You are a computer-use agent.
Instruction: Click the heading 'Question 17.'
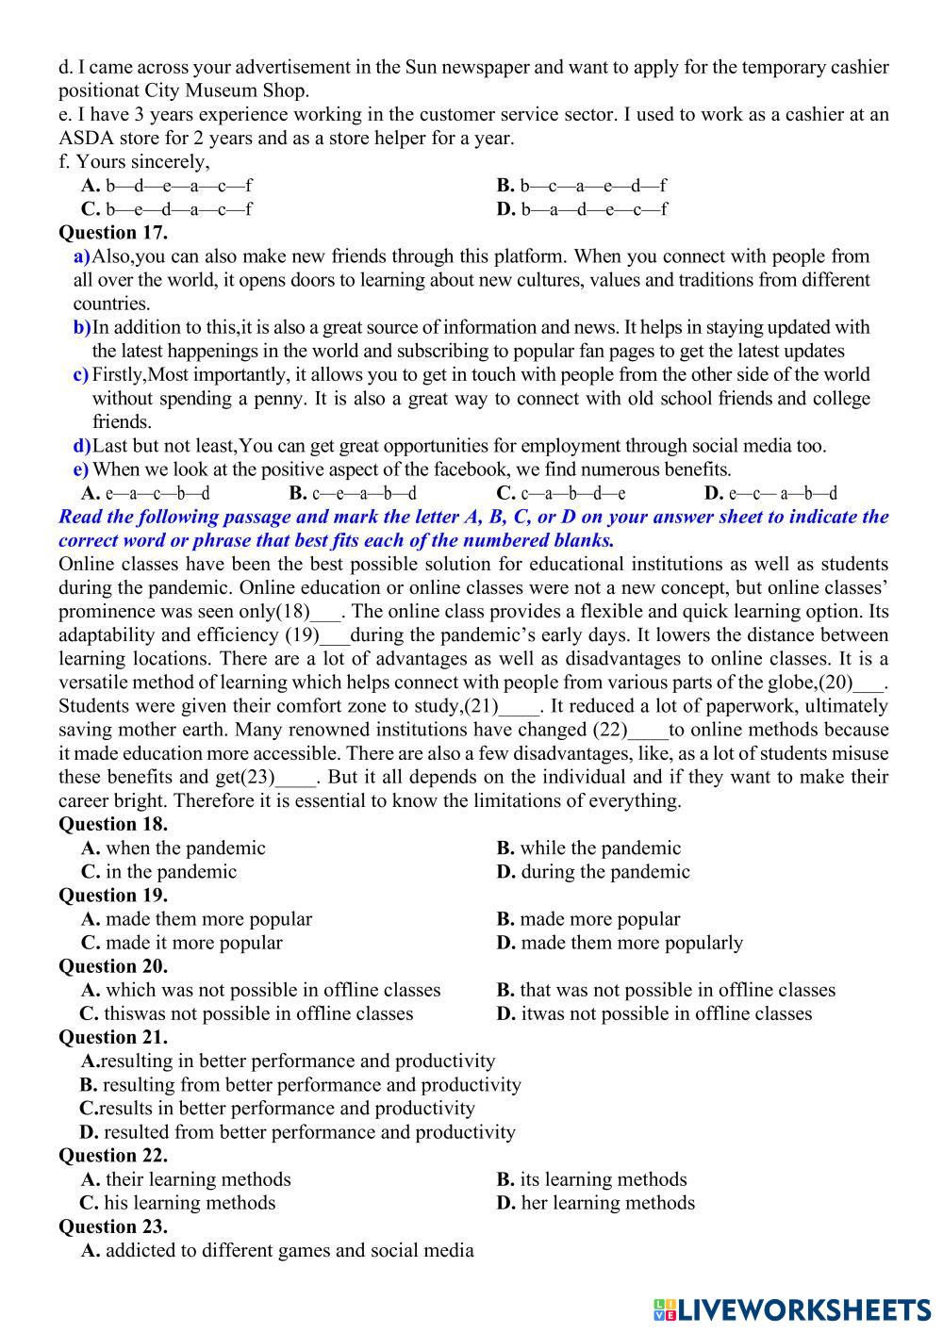pos(113,233)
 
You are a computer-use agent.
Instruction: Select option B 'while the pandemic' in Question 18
pos(588,848)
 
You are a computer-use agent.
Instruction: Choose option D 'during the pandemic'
pos(593,872)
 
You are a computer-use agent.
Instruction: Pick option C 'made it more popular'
pos(182,943)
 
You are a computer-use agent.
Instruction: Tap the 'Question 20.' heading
pos(113,966)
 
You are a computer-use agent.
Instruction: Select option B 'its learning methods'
pos(591,1179)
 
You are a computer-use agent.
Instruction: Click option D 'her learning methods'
pos(595,1203)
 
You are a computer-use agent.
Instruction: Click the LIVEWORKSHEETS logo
pos(791,1309)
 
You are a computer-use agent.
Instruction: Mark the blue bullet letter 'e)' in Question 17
pos(81,469)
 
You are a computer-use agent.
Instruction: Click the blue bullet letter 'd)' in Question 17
pos(82,446)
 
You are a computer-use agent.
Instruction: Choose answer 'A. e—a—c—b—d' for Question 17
pos(146,493)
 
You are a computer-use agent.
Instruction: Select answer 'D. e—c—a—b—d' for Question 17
pos(770,493)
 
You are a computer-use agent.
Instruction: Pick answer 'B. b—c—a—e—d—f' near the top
pos(582,186)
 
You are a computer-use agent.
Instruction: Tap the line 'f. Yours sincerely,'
pos(134,162)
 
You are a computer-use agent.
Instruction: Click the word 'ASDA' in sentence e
pos(82,139)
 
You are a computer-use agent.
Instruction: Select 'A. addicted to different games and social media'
pos(277,1251)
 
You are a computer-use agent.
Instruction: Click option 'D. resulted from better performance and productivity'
pos(297,1132)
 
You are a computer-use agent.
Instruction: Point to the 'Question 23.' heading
pos(113,1226)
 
